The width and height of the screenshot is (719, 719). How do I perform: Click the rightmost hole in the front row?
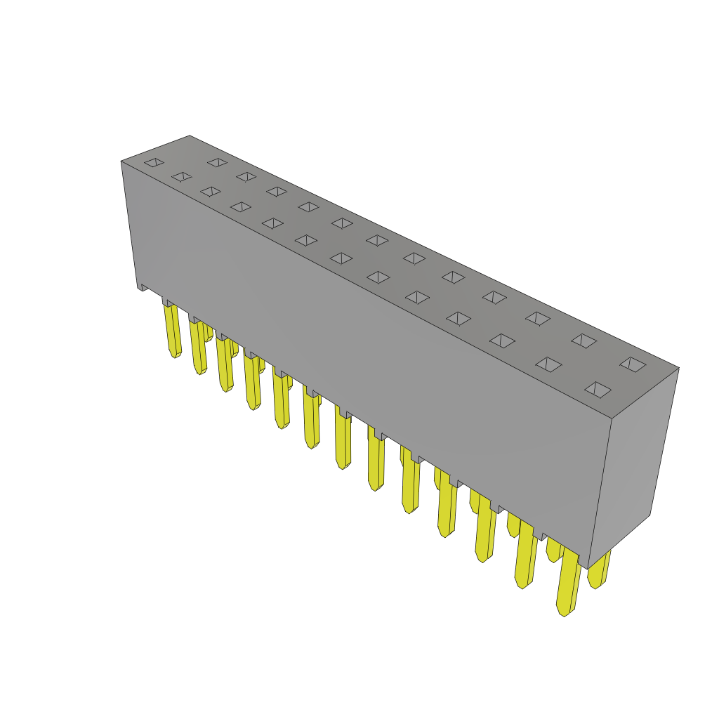598,390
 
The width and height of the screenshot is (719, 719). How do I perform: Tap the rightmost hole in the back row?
633,364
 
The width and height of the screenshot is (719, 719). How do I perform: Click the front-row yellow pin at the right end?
568,583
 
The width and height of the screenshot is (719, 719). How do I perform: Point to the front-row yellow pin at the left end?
172,330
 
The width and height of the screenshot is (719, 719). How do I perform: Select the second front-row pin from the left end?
198,348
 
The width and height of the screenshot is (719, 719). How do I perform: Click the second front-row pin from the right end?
525,555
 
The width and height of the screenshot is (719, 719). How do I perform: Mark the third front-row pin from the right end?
484,530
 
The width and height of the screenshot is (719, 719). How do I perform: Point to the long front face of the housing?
365,351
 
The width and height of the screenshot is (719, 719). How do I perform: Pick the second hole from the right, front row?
548,364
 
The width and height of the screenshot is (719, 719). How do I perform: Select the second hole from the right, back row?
583,341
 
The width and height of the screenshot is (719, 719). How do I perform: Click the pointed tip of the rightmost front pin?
563,612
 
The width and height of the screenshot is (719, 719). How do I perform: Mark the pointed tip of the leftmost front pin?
174,354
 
